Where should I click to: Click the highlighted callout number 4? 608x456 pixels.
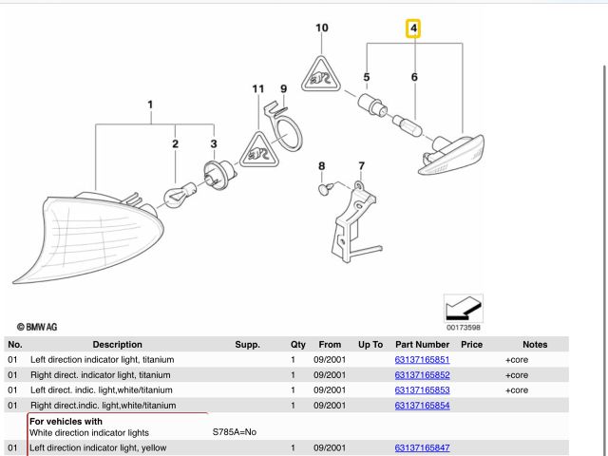[x=413, y=29]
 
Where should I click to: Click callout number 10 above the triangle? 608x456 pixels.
[x=322, y=28]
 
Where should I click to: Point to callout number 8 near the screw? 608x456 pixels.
[x=321, y=166]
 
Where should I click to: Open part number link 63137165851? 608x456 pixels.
[x=422, y=361]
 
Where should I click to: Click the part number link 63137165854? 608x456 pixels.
[x=422, y=406]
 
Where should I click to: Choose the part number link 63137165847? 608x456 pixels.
[x=422, y=447]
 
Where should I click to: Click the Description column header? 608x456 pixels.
[x=117, y=345]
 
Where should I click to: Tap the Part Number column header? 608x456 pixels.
[x=422, y=345]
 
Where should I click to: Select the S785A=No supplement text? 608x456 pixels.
[x=234, y=432]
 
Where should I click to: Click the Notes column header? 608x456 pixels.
[x=535, y=345]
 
